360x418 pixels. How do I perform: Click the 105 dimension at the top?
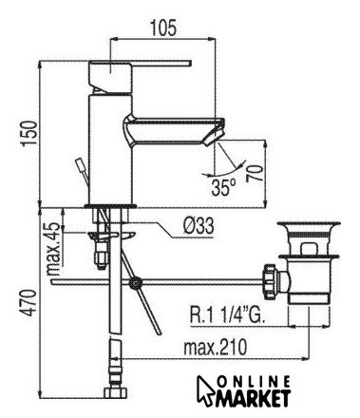click(163, 28)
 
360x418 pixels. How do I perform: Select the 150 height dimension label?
click(30, 133)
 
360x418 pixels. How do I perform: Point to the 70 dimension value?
click(255, 173)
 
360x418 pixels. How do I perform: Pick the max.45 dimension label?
click(53, 249)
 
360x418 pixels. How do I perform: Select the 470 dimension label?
click(30, 302)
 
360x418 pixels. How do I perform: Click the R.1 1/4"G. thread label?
click(226, 313)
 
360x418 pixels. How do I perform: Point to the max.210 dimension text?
click(215, 347)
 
